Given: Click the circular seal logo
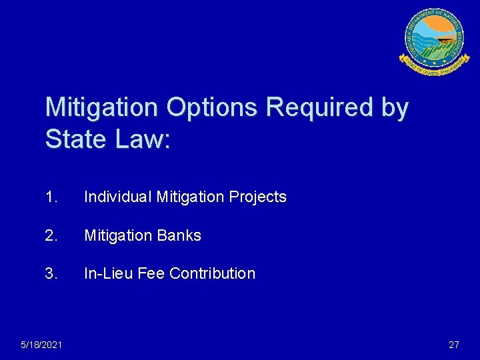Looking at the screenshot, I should pos(433,41).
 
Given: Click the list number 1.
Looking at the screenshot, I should pos(51,197).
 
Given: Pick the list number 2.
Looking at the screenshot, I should pos(51,235).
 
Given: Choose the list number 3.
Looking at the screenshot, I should pos(51,273).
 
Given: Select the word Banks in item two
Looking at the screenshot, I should pos(179,235).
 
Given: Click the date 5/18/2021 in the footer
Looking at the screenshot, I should pos(42,345).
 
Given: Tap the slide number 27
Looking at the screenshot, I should pos(454,345).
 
